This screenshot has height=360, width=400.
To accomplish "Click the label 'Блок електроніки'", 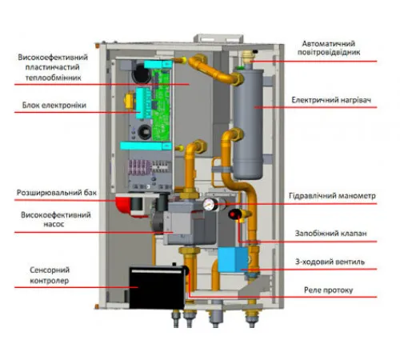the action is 54,106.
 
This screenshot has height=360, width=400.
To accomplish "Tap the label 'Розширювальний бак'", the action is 57,193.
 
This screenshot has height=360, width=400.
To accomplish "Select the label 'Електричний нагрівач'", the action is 331,100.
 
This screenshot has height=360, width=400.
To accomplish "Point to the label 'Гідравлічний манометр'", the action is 332,196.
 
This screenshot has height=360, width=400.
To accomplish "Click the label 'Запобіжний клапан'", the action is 330,234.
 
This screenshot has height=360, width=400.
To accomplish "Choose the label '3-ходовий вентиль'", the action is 330,262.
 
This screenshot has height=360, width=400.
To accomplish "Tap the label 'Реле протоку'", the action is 329,290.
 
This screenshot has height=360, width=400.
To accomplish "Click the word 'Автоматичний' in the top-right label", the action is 329,43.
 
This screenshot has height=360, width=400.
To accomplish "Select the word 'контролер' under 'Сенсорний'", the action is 50,281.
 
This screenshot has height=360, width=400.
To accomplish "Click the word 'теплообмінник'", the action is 53,78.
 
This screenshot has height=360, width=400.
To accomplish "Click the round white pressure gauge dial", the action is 208,205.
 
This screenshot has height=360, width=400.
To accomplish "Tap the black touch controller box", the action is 157,287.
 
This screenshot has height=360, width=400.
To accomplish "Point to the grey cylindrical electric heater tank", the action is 248,124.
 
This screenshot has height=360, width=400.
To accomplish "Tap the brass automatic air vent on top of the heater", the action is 248,58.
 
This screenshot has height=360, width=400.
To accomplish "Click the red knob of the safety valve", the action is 234,214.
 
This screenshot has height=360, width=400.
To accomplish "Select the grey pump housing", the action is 190,222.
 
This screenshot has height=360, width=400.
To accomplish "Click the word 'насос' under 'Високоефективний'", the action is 54,225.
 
